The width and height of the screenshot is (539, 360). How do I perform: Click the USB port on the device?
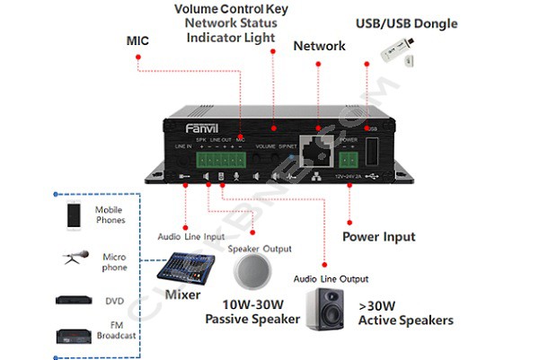point(373,152)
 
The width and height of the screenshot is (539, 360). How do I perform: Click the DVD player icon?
point(75,300)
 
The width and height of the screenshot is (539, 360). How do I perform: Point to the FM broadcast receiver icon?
point(75,336)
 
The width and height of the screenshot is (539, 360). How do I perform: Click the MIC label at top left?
point(139,40)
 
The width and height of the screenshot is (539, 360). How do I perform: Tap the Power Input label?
point(378,237)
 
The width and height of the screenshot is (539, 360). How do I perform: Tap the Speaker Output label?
point(260,248)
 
